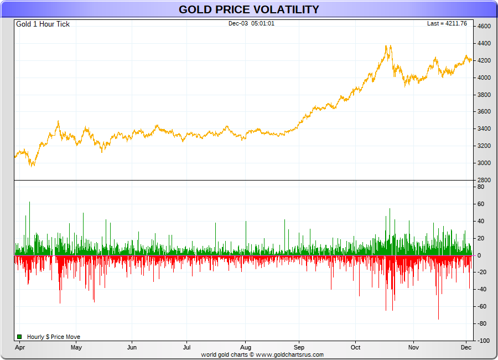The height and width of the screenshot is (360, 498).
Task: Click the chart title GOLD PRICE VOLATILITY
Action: coord(248,9)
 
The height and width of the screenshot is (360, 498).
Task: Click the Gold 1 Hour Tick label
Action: coord(43,24)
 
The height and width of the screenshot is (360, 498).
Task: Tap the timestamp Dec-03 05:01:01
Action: coord(251,23)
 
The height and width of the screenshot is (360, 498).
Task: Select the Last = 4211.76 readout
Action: coord(447,23)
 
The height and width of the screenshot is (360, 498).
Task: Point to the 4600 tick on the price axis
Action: coord(484,27)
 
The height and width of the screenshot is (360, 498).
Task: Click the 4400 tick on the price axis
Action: coord(484,44)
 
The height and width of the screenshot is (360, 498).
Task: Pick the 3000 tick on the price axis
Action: coord(484,163)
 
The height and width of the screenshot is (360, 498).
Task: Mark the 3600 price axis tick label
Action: coord(484,112)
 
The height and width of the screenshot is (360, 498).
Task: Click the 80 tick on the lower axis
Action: coord(481,187)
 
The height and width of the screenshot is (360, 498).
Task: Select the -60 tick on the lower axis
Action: coord(481,307)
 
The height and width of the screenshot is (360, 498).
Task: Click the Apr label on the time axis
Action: coord(20,348)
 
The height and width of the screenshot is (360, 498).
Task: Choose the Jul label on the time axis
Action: coord(187,348)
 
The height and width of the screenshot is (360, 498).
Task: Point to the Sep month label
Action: coord(299,348)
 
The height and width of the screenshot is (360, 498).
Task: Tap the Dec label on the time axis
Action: coord(466,348)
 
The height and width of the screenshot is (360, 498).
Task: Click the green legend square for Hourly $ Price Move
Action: coord(19,337)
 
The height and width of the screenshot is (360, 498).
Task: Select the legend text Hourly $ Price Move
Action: coord(54,337)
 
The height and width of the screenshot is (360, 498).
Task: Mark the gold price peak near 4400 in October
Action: coord(389,46)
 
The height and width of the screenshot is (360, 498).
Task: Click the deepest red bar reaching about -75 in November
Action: coord(438,319)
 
